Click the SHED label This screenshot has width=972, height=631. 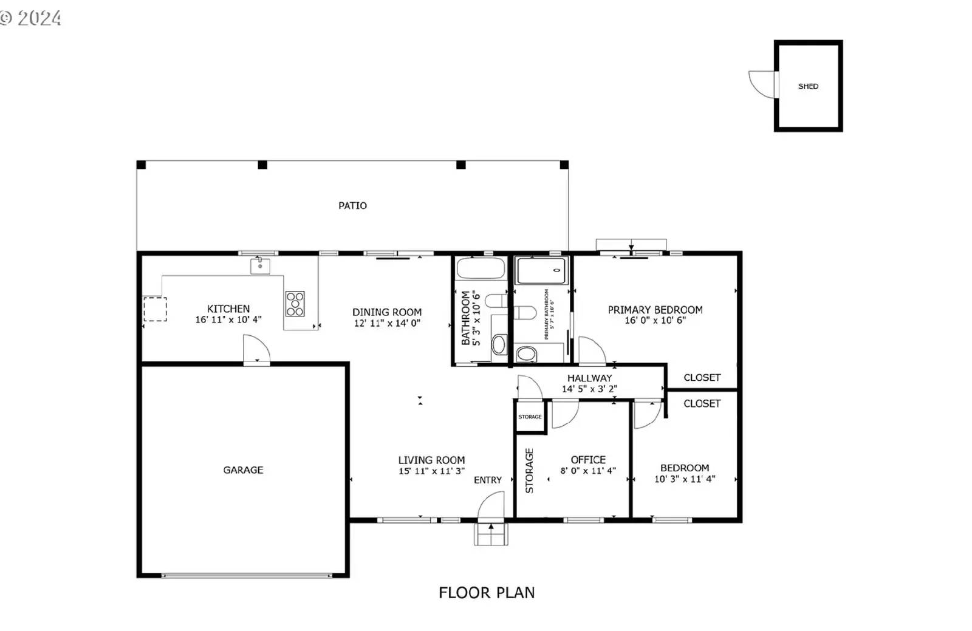pos(807,86)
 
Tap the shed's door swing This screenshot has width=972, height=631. pos(762,83)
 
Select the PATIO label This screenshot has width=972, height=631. pos(352,206)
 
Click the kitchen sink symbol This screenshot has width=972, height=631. pos(260,266)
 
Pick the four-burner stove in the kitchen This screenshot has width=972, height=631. pos(295,304)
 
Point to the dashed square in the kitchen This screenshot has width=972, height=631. pos(155,309)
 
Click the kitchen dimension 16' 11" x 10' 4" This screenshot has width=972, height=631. pos(228,319)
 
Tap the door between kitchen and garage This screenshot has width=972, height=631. pos(256,350)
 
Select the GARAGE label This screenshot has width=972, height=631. pos(243,470)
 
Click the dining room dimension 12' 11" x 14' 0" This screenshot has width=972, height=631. pos(387,323)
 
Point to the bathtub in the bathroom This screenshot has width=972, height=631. pos(481,268)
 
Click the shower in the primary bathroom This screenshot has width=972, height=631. pos(541,270)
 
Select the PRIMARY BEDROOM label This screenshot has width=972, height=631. pos(655,310)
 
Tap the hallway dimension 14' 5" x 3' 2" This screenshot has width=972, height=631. pos(589,389)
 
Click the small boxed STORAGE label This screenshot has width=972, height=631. pos(530,417)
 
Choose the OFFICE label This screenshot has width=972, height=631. pos(588,460)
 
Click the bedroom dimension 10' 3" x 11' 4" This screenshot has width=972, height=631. pos(685,479)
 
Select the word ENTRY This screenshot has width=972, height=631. pos(488,480)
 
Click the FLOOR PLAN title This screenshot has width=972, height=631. pos(487,593)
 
